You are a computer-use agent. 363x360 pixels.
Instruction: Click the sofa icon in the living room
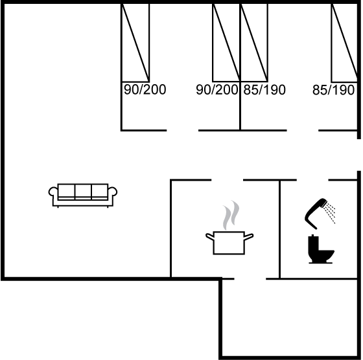tap(83, 196)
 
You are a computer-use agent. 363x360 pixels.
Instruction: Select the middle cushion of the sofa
tap(83, 192)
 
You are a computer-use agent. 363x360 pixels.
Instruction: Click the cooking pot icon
tap(229, 242)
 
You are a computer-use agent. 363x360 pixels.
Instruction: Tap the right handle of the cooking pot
tap(249, 237)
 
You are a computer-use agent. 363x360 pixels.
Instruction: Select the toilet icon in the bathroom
tap(321, 249)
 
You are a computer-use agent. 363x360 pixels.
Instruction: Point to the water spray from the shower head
tap(330, 212)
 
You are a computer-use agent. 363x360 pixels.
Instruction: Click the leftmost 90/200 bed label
tap(145, 90)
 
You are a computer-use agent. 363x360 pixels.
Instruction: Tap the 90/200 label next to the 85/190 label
tap(217, 90)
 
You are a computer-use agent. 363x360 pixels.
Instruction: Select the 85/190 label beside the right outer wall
tap(333, 90)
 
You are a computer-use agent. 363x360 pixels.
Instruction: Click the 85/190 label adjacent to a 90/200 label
tap(264, 90)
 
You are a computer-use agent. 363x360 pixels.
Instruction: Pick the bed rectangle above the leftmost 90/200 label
tap(135, 43)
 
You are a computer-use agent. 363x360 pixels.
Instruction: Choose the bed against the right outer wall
tap(345, 43)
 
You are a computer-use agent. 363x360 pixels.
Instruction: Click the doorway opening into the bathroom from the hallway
tap(312, 179)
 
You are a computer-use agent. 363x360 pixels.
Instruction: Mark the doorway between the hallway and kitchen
tap(227, 179)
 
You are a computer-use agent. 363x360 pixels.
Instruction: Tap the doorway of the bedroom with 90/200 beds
tap(182, 131)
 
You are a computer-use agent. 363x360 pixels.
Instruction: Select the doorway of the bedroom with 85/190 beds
tap(303, 131)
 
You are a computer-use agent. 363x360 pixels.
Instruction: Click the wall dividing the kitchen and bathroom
tap(280, 229)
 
